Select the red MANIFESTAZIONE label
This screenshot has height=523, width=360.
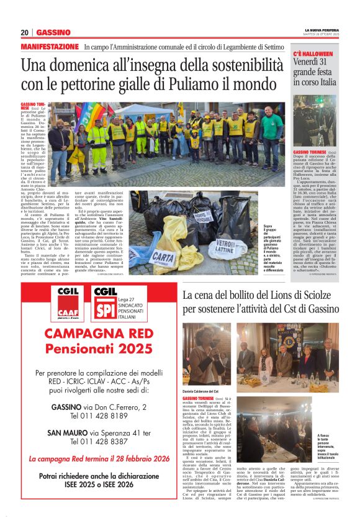(50, 47)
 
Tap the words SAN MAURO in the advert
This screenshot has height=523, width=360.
(68, 433)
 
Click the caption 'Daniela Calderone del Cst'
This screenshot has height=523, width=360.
(204, 391)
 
